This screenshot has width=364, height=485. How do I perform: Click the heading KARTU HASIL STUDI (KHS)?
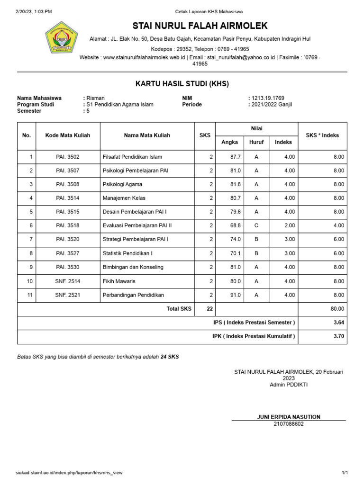point(182,84)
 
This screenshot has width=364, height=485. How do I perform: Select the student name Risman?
point(96,98)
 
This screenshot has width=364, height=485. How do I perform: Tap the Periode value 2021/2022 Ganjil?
point(272,104)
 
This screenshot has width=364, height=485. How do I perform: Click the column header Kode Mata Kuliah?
point(68,135)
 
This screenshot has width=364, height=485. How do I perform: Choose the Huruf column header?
point(256,142)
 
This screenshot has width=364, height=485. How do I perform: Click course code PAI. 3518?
point(68,226)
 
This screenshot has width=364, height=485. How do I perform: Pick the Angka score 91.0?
point(236,295)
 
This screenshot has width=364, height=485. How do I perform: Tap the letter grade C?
point(256,226)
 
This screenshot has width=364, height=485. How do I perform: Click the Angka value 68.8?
point(236,226)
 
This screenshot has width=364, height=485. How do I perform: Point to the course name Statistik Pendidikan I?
point(127,253)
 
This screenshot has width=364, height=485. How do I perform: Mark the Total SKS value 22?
point(209,309)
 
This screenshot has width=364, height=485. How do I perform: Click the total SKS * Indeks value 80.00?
point(337,309)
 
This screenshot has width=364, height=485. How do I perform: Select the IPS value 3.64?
point(338,323)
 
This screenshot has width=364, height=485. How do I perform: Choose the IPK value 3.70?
point(338,336)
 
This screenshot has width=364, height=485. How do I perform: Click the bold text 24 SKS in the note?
point(170,357)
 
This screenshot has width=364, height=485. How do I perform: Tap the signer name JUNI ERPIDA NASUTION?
point(288,417)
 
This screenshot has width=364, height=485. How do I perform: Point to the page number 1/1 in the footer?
point(345,473)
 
